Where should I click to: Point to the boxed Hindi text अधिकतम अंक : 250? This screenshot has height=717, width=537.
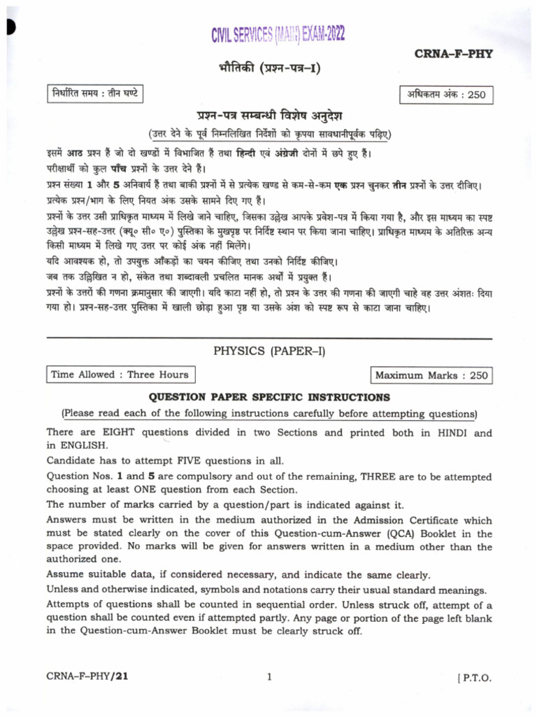[445, 95]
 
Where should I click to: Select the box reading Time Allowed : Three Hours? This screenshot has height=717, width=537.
[119, 375]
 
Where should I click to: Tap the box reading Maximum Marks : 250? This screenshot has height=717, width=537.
[431, 376]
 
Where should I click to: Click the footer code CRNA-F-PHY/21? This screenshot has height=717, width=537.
[87, 676]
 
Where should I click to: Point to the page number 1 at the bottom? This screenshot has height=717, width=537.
[268, 676]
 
